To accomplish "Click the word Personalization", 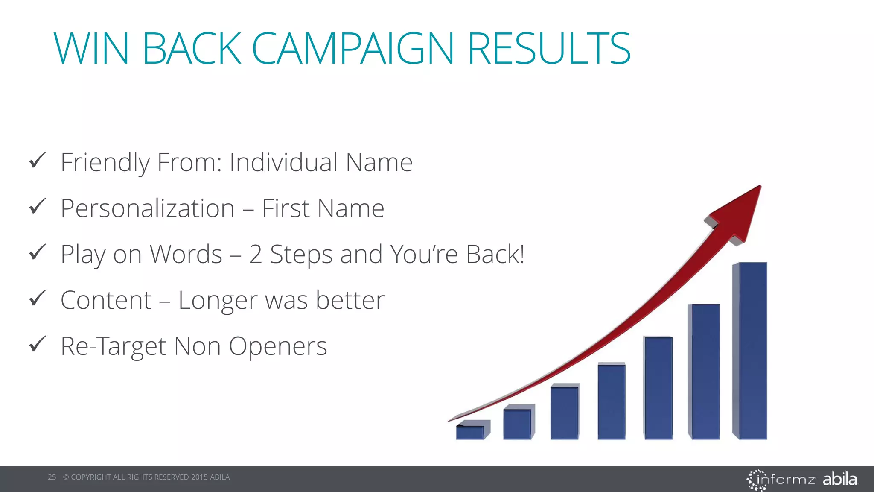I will pyautogui.click(x=147, y=208).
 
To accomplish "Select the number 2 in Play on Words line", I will pyautogui.click(x=255, y=254).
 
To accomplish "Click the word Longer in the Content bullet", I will pyautogui.click(x=217, y=300).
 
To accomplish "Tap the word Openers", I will pyautogui.click(x=278, y=346).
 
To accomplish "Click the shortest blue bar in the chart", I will pyautogui.click(x=470, y=432).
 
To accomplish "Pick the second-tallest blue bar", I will pyautogui.click(x=705, y=372).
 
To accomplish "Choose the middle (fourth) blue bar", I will pyautogui.click(x=612, y=401).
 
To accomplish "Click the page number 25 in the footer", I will pyautogui.click(x=52, y=477).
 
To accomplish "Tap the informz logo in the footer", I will pyautogui.click(x=782, y=480).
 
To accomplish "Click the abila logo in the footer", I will pyautogui.click(x=839, y=479).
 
